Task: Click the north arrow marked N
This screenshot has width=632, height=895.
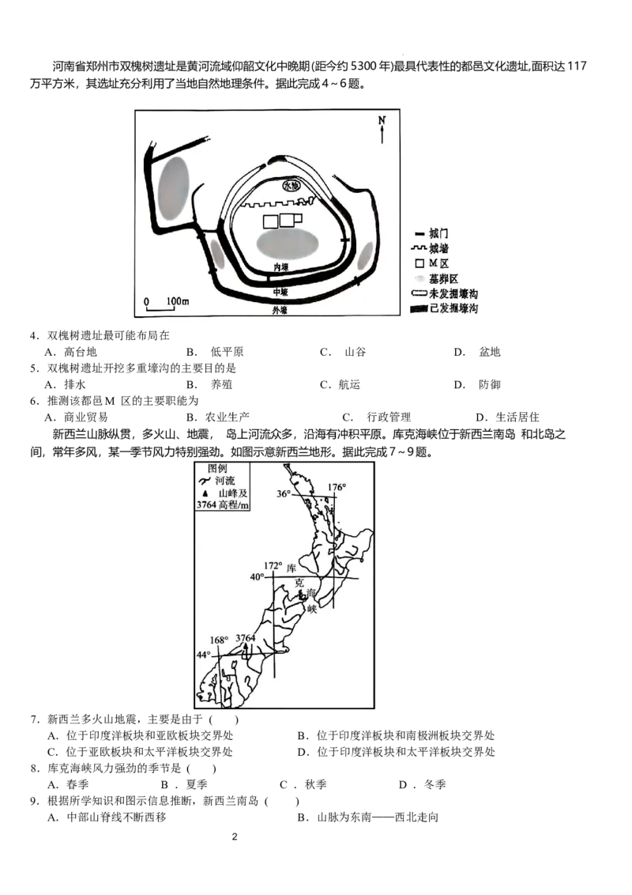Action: coord(382,129)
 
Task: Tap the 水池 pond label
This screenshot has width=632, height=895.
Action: coord(292,186)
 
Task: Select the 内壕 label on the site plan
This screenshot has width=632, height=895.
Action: coord(281,267)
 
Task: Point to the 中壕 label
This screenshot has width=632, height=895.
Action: coord(280,291)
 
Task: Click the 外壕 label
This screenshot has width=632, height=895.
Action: coord(280,312)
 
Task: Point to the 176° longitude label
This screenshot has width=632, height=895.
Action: coord(337,487)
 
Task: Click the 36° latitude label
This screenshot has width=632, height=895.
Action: coord(284,494)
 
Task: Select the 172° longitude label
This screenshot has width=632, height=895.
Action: coord(273,565)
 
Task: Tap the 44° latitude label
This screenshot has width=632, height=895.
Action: coord(204,655)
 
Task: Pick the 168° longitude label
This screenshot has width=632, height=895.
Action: coord(219,640)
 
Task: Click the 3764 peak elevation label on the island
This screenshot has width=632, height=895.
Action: coord(246,638)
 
